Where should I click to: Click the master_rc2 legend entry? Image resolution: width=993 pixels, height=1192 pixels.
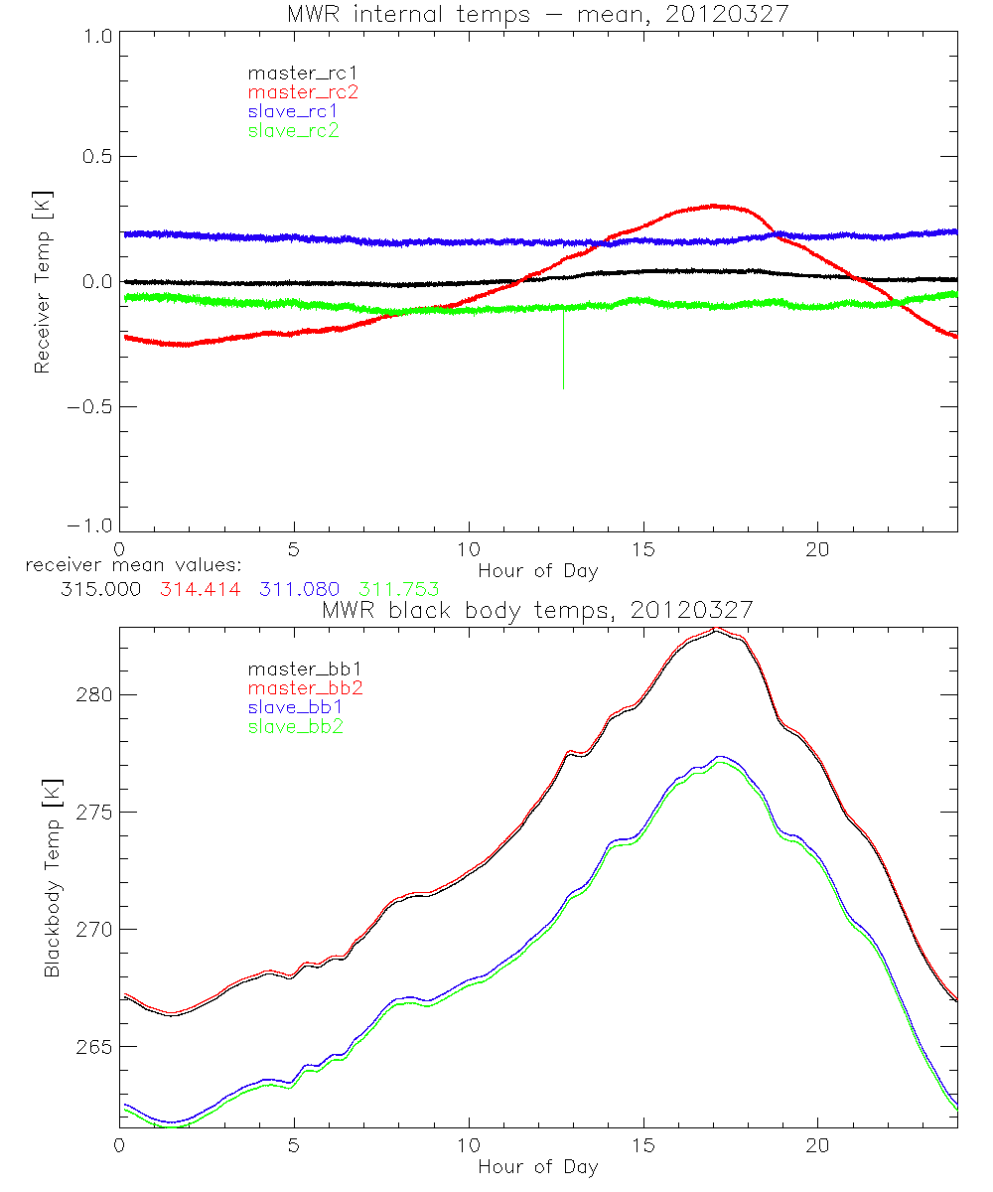point(303,91)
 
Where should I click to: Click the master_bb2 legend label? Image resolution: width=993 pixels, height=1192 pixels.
point(303,688)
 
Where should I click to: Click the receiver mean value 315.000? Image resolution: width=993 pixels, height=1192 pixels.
point(99,589)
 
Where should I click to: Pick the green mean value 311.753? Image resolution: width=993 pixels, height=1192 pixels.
point(399,589)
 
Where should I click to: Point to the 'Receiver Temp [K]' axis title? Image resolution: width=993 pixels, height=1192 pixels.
point(42,281)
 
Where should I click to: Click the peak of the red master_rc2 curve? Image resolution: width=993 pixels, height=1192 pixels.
point(714,206)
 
